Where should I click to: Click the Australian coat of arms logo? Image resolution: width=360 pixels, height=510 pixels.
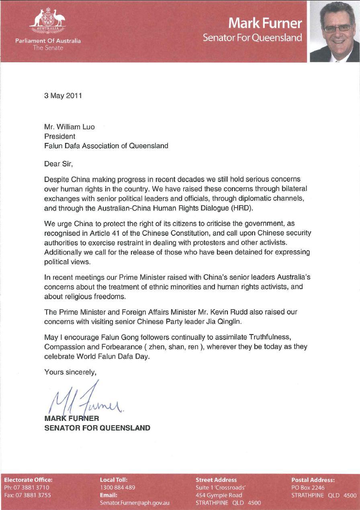(48, 21)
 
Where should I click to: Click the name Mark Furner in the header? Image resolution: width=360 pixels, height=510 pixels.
(265, 23)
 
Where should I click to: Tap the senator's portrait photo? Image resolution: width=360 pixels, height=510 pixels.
(334, 32)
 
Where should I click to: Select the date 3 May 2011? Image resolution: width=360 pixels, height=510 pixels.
(63, 96)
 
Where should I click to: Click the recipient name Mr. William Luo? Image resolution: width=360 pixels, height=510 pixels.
(70, 127)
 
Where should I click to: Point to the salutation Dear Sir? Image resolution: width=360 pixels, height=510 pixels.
(59, 163)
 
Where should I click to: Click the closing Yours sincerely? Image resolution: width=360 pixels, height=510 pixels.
(70, 372)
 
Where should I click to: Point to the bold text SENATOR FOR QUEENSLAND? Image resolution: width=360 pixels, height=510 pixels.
(97, 428)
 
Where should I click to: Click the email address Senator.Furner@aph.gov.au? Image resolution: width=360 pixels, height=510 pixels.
(135, 503)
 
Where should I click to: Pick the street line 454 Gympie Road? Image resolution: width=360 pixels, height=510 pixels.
(219, 495)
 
